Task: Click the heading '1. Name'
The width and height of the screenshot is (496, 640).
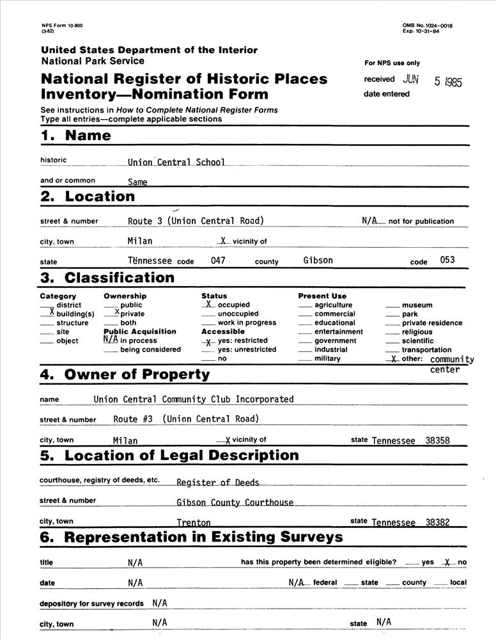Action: pyautogui.click(x=75, y=136)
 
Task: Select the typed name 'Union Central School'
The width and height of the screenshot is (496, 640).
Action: pyautogui.click(x=176, y=163)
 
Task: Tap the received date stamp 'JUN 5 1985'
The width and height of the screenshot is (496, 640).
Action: pyautogui.click(x=432, y=81)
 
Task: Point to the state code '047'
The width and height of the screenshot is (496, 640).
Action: pyautogui.click(x=219, y=261)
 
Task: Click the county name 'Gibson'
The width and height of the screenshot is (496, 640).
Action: pyautogui.click(x=318, y=261)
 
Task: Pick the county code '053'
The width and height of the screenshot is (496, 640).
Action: pyautogui.click(x=447, y=260)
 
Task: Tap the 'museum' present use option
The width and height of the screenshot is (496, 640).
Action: pyautogui.click(x=417, y=305)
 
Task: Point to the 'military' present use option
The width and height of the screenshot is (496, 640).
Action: pyautogui.click(x=327, y=359)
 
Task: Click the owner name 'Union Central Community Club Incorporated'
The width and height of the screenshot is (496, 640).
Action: pyautogui.click(x=193, y=399)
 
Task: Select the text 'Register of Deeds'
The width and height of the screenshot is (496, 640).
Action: pyautogui.click(x=217, y=483)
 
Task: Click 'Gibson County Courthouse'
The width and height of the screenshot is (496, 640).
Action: pyautogui.click(x=235, y=503)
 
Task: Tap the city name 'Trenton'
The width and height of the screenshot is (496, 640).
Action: pyautogui.click(x=193, y=523)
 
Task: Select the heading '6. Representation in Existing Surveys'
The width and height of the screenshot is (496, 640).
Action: pyautogui.click(x=191, y=538)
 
